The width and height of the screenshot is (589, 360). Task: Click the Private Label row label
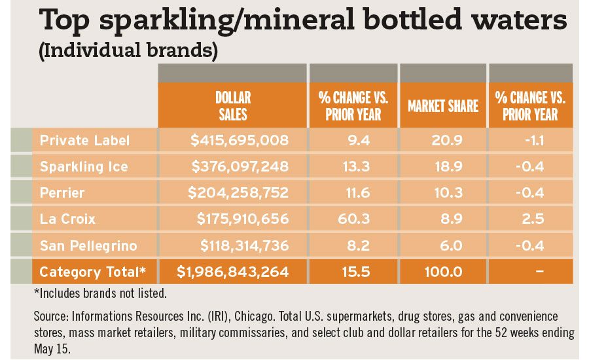point(84,140)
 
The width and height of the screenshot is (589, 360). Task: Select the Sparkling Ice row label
point(83,166)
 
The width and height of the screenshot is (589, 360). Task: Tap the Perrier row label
point(62,192)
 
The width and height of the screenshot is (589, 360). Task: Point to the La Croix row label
point(67,219)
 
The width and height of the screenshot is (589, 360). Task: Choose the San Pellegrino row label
point(88,245)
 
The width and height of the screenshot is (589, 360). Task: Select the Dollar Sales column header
point(232,105)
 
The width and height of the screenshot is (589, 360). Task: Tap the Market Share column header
point(443,106)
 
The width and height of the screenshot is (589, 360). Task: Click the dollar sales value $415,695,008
point(240,140)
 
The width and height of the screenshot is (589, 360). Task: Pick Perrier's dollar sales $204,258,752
point(238,192)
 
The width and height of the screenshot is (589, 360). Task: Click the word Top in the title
point(65,22)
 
